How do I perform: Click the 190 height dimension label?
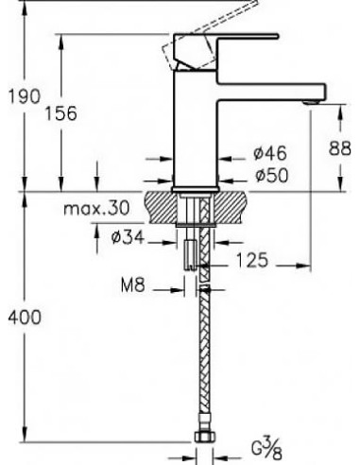coord(25,96)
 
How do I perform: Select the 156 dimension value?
coord(61,113)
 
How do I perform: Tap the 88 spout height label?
coord(339,148)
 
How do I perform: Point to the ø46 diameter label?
coord(270,153)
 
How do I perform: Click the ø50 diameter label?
coord(272,176)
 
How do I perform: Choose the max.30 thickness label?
coord(96,208)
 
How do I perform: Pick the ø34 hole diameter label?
coord(128,237)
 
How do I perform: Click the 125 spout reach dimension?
coord(252,260)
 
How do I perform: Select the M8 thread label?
coord(133,285)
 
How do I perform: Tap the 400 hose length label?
coord(25,318)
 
